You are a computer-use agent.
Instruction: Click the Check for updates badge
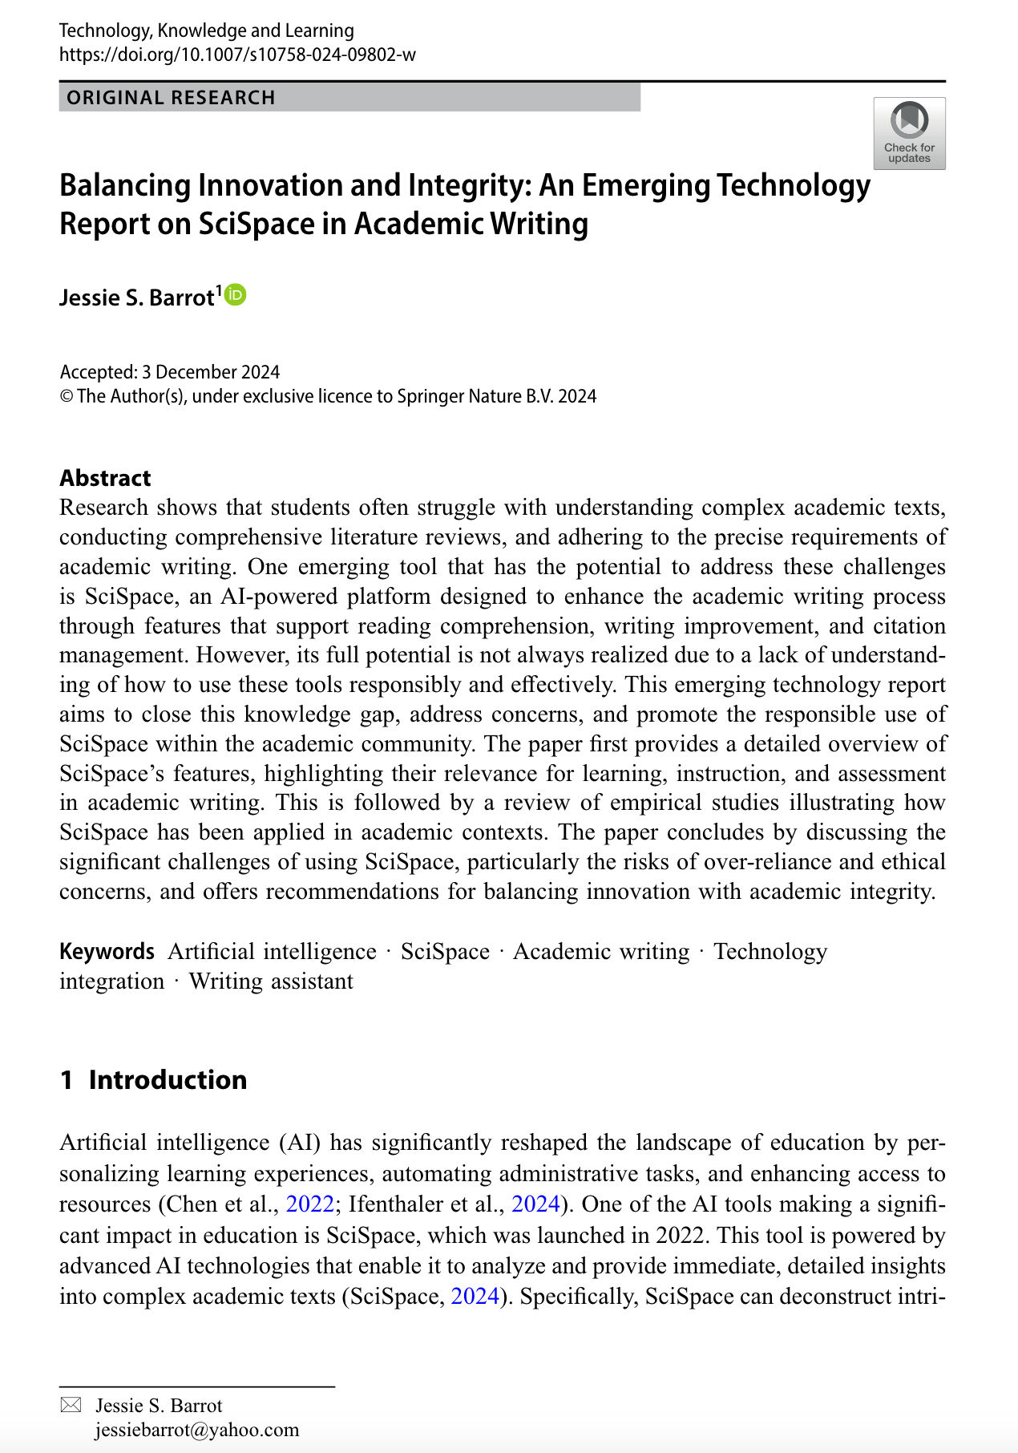pos(909,133)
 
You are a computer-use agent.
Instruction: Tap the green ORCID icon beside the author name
pos(236,295)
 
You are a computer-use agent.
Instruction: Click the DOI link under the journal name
pos(237,55)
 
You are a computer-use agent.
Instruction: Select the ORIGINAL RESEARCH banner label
pos(171,98)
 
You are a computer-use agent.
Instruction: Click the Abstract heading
pos(105,478)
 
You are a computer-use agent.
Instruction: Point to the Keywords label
pos(107,952)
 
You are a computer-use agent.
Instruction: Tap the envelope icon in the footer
pos(71,1405)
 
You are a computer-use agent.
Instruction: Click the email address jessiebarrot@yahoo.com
pos(196,1430)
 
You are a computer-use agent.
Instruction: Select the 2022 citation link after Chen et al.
pos(309,1204)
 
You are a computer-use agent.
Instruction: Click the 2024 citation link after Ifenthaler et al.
pos(535,1204)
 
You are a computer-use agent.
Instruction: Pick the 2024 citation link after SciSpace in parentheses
pos(475,1297)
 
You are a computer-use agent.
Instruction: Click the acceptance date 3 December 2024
pos(211,372)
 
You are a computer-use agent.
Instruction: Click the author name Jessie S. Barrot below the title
pos(136,298)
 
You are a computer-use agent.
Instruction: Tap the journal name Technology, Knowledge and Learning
pos(207,30)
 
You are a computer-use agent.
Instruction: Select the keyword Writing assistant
pos(271,981)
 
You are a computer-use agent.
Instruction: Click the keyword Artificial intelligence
pos(272,952)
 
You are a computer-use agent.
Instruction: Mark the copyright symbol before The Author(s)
pos(67,396)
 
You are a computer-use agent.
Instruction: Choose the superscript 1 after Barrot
pos(219,291)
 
